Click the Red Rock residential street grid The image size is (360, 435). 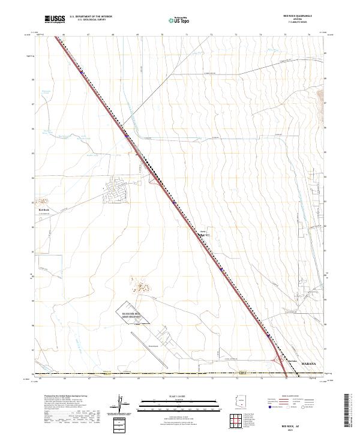[x=116, y=191]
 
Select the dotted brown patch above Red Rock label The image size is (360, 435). [x=43, y=201]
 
